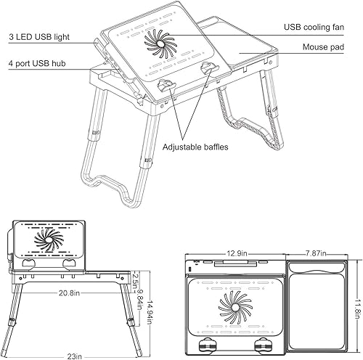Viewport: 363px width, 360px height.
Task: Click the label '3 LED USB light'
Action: click(x=39, y=35)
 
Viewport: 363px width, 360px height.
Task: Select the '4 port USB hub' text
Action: click(x=38, y=64)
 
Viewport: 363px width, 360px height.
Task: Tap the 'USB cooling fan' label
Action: click(x=313, y=27)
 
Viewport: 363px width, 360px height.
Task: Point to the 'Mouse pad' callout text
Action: click(x=324, y=49)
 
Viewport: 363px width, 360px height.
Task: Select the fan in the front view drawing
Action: click(x=51, y=239)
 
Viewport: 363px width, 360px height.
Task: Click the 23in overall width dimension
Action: click(x=75, y=356)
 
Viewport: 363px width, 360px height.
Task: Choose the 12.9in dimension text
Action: click(x=236, y=254)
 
